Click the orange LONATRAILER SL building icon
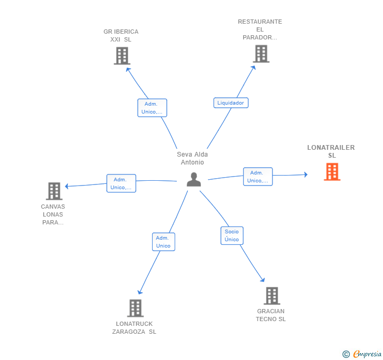(332, 172)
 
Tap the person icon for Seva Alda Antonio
(194, 179)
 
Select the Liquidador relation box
(231, 103)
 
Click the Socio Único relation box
(232, 235)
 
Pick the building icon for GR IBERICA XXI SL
(122, 56)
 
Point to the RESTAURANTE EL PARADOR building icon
(261, 54)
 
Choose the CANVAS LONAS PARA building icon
(54, 191)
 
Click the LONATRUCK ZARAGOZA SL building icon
(135, 308)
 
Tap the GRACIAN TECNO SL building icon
(272, 296)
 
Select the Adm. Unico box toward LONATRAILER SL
(258, 177)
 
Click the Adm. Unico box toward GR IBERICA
(152, 108)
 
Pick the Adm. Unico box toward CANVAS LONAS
(121, 183)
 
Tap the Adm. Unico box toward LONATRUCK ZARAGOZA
(164, 242)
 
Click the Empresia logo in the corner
(362, 354)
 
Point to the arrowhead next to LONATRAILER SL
(306, 174)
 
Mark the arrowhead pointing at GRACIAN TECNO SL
(263, 280)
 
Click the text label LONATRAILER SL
(331, 151)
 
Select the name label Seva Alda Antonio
(193, 158)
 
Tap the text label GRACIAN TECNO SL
(270, 315)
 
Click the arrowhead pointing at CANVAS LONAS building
(67, 186)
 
